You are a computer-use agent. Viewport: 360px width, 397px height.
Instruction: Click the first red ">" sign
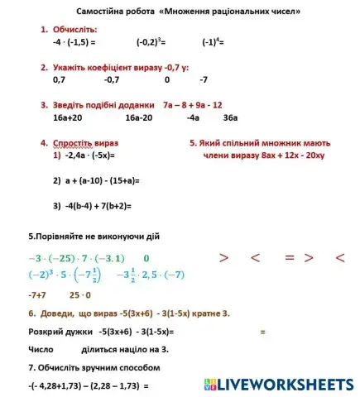(x=223, y=258)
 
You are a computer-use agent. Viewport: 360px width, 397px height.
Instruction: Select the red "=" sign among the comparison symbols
(x=290, y=258)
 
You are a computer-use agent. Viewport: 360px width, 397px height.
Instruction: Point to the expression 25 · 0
(x=80, y=294)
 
